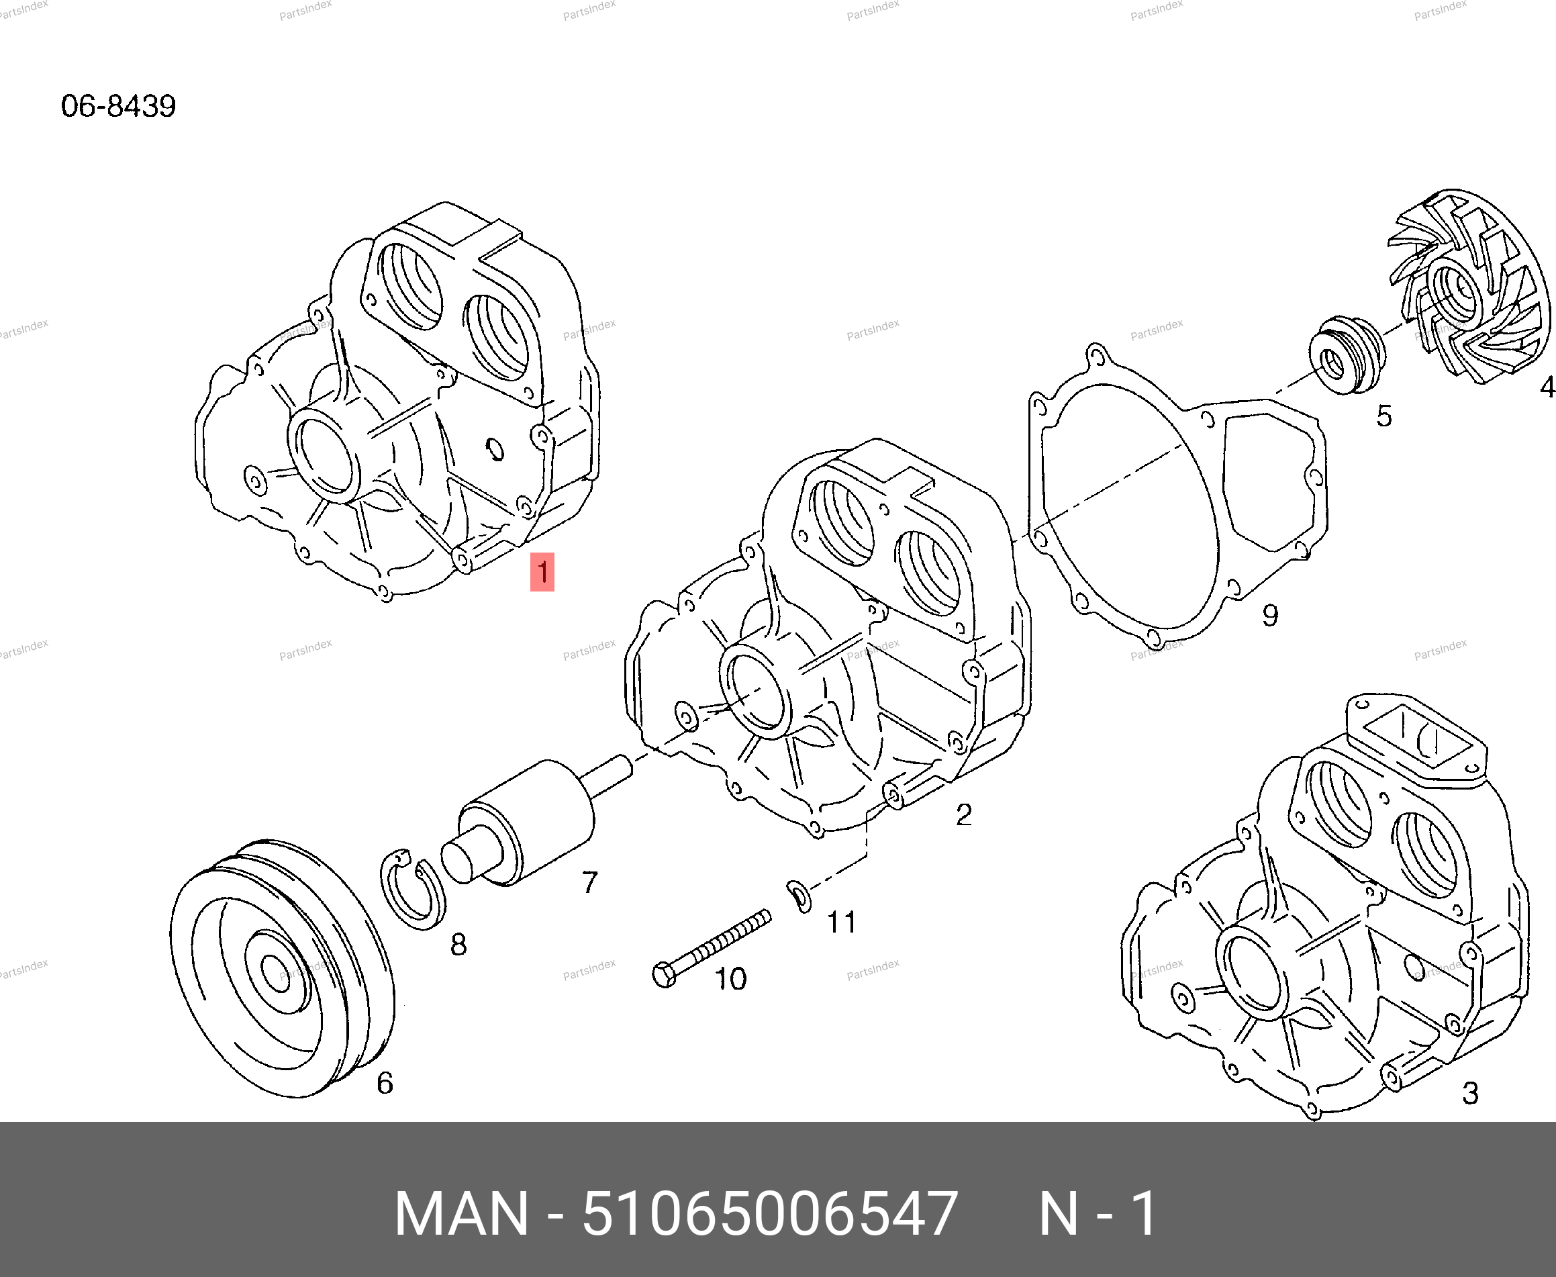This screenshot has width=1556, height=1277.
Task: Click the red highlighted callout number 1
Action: [542, 571]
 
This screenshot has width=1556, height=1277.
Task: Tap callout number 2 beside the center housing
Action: [963, 814]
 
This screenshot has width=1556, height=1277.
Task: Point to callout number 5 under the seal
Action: [1384, 416]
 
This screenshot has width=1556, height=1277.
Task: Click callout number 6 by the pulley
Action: [385, 1083]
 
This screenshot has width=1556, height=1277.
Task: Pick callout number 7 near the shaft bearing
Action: [590, 882]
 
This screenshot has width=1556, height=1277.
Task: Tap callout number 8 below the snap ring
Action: [458, 944]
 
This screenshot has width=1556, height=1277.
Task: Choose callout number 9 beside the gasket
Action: [1270, 615]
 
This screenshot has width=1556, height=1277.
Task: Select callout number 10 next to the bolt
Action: [730, 979]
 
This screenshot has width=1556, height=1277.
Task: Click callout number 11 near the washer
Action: [842, 922]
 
